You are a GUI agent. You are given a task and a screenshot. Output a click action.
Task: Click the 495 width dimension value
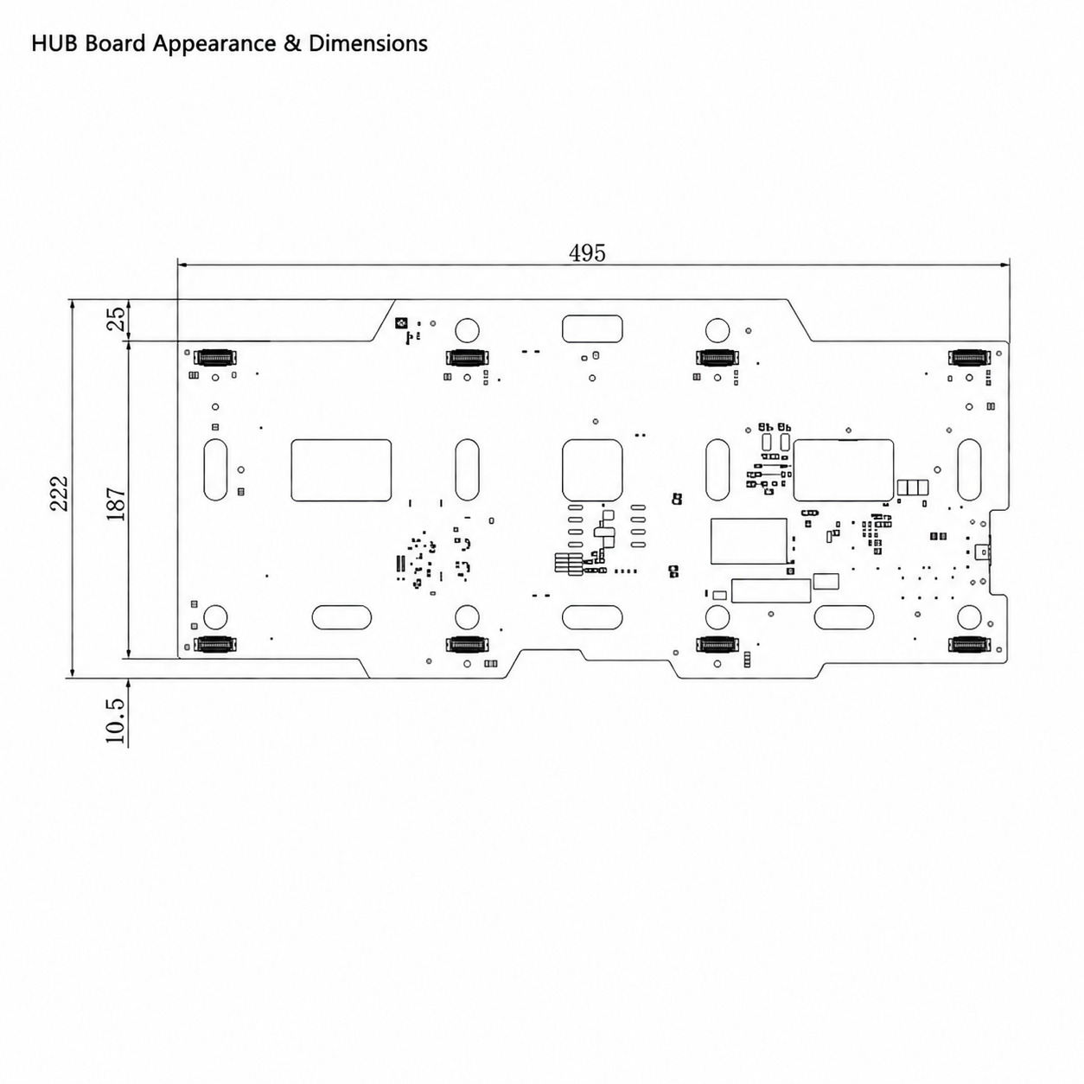587,253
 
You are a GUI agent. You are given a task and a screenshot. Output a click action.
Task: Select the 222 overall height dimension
59,494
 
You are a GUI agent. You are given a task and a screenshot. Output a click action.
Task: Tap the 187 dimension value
116,503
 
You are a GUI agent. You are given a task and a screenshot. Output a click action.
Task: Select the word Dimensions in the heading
368,43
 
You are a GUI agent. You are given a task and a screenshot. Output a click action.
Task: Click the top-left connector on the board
215,357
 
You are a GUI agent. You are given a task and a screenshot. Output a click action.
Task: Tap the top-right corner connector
969,357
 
